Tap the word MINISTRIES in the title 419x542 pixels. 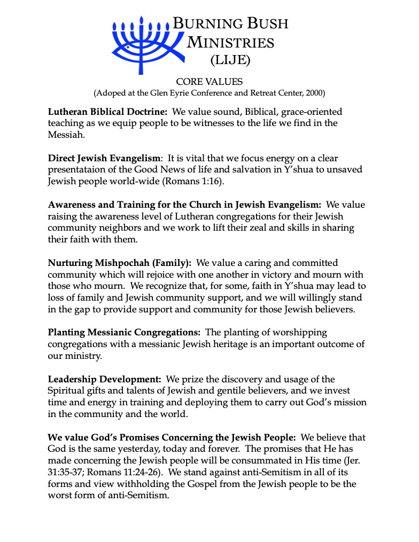(230, 42)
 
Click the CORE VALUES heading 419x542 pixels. (210, 82)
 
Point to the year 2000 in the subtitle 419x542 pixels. (314, 93)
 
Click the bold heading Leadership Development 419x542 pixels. (105, 379)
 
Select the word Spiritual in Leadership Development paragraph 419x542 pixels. (67, 391)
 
